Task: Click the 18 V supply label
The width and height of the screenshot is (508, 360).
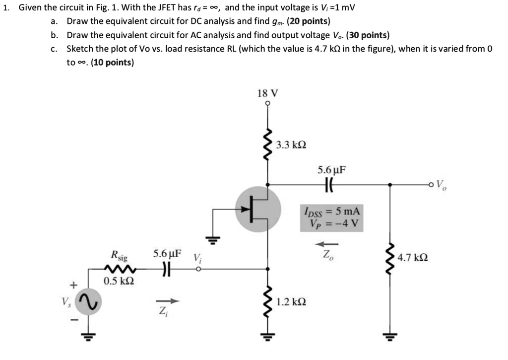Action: [268, 93]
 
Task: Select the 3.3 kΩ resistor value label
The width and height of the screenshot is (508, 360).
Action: [291, 145]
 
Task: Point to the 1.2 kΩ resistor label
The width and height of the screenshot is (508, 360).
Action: [291, 301]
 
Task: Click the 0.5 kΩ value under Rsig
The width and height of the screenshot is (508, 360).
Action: [119, 281]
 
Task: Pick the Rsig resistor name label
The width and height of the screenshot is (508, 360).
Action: [119, 257]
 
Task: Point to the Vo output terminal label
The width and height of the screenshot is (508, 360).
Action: [440, 186]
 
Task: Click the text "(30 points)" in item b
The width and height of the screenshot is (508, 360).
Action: [368, 35]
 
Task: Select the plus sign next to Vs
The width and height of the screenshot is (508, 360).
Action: [74, 285]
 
